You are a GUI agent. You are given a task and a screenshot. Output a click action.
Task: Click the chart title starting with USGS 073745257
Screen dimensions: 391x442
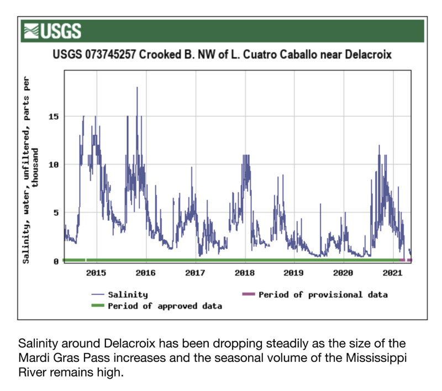[x=222, y=55]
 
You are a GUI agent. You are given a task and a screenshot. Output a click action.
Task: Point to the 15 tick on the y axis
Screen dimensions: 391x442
[x=56, y=117]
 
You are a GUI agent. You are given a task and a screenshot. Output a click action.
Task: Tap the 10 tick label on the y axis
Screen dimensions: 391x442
[x=56, y=165]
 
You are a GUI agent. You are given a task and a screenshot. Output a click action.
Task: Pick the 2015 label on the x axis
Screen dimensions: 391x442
[x=96, y=272]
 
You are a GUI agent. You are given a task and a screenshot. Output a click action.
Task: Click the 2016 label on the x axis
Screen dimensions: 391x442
[x=145, y=272]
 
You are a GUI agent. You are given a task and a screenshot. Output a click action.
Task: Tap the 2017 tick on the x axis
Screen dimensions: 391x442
[x=195, y=272]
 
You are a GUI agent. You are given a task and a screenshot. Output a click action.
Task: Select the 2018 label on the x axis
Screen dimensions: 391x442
[x=244, y=272]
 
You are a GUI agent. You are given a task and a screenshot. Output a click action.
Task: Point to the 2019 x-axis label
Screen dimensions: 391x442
[x=294, y=272]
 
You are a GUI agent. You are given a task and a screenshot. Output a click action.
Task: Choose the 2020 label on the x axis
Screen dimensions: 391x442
[x=343, y=272]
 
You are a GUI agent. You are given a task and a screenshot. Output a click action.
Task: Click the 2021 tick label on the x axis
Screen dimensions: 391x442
[x=392, y=272]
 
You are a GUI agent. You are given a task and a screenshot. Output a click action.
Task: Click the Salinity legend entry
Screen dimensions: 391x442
[x=128, y=295]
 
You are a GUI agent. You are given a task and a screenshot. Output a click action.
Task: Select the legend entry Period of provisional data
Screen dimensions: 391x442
[x=323, y=295]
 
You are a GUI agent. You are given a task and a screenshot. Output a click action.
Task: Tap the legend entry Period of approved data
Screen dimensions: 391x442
[x=165, y=306]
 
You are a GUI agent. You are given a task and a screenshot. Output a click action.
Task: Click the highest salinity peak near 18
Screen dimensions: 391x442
[x=137, y=87]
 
